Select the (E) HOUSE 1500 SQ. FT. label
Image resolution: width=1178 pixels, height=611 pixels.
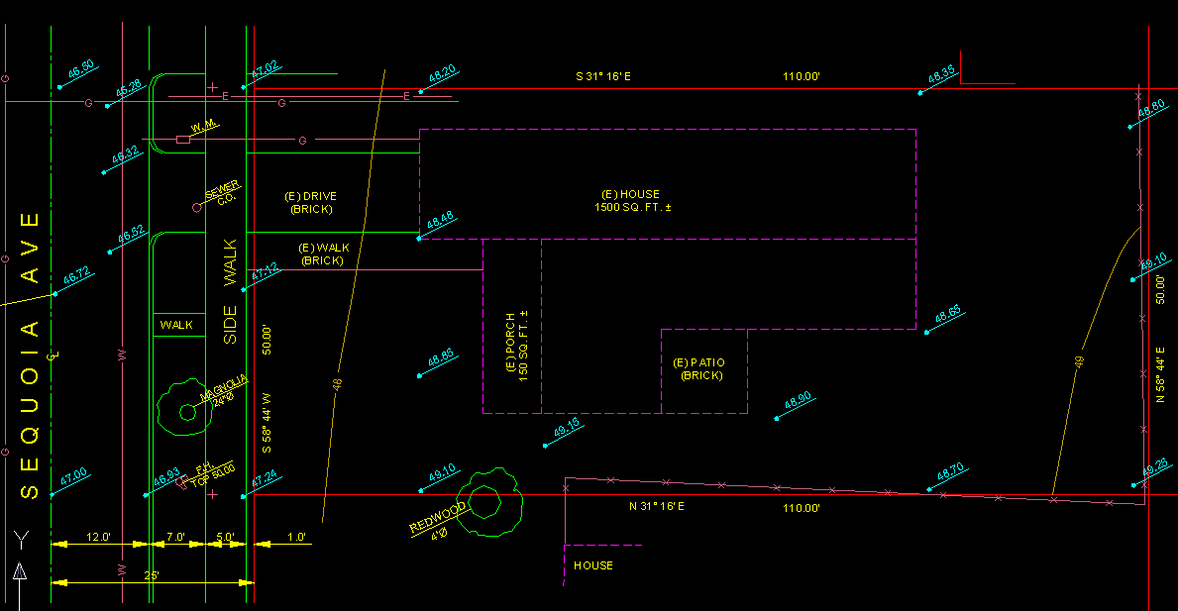pyautogui.click(x=631, y=201)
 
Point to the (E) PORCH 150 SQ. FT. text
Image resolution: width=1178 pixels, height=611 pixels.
pyautogui.click(x=517, y=348)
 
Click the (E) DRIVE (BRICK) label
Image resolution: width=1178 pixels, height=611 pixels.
pyautogui.click(x=311, y=203)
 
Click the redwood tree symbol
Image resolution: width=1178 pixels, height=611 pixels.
pyautogui.click(x=486, y=500)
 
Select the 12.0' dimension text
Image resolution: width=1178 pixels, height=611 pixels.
pyautogui.click(x=99, y=538)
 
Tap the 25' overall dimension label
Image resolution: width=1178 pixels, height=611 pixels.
pyautogui.click(x=152, y=574)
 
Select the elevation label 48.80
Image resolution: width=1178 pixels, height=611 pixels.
pyautogui.click(x=1151, y=108)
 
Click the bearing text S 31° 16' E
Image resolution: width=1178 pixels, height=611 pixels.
pyautogui.click(x=604, y=76)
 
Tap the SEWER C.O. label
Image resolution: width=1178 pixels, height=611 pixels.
pyautogui.click(x=221, y=193)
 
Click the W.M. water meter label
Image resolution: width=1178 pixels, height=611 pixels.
pyautogui.click(x=204, y=126)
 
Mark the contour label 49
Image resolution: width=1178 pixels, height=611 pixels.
pyautogui.click(x=1080, y=363)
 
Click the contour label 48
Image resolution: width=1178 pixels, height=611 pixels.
pyautogui.click(x=338, y=384)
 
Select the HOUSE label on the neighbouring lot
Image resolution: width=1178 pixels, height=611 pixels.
pyautogui.click(x=593, y=565)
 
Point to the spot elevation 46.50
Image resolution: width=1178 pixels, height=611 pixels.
pyautogui.click(x=80, y=67)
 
